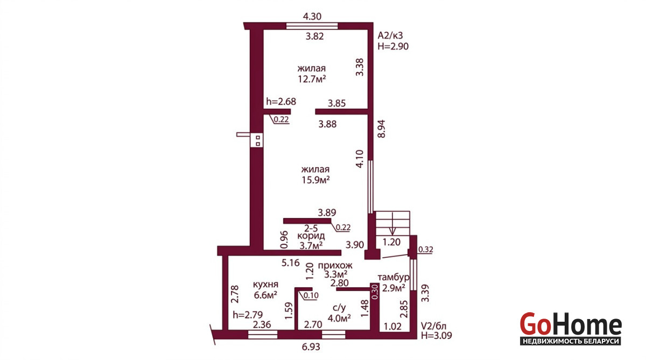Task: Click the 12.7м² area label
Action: [312, 79]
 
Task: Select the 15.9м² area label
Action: [316, 180]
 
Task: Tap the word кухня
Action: [265, 285]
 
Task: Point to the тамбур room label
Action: [394, 277]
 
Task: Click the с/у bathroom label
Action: [339, 308]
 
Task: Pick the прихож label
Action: [335, 265]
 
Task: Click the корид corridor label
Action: [311, 236]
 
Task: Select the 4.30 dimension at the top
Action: [312, 17]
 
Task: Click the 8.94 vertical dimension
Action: [381, 129]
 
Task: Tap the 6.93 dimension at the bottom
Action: [311, 347]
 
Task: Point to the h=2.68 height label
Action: [281, 102]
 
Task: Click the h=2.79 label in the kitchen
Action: [248, 315]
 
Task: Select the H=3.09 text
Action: [437, 336]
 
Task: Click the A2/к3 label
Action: [390, 36]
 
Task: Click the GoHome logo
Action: [571, 328]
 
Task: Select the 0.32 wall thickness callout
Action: [426, 250]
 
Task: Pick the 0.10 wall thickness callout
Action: [311, 295]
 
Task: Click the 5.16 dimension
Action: [291, 263]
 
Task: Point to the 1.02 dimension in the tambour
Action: [392, 327]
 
